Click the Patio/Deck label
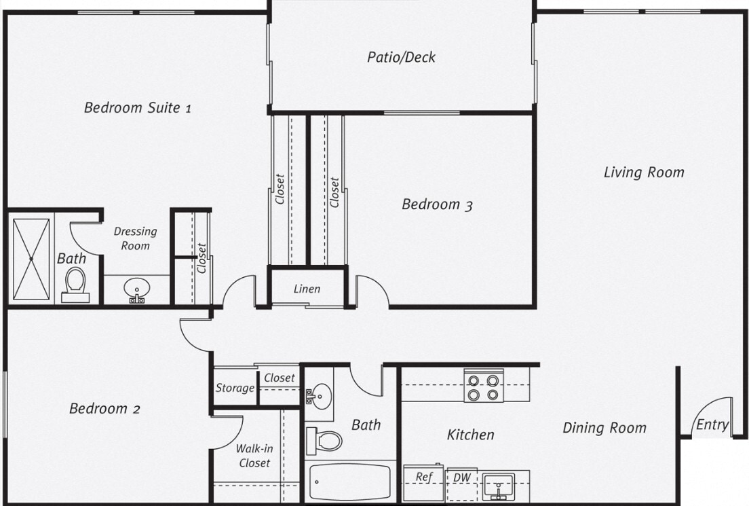click(401, 57)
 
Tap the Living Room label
click(644, 173)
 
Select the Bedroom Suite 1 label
click(137, 107)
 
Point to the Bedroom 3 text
click(437, 204)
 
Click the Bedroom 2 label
click(104, 409)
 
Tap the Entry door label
click(712, 426)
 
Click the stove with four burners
click(484, 386)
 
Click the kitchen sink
click(499, 486)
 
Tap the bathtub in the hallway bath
click(350, 482)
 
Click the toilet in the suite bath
click(75, 285)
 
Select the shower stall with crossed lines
click(32, 258)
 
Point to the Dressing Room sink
click(136, 290)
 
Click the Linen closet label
click(307, 289)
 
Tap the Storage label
click(235, 388)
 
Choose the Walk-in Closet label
click(254, 456)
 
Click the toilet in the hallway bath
click(324, 440)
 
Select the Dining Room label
click(604, 428)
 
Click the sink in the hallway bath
click(320, 393)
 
